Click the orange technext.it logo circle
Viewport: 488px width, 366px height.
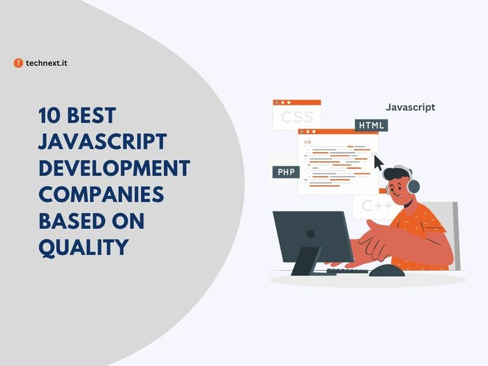(x=18, y=63)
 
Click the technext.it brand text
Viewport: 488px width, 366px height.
(x=46, y=63)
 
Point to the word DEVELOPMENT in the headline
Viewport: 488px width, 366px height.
(x=114, y=168)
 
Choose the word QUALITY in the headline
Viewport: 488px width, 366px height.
(x=83, y=247)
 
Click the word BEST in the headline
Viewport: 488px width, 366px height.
(x=94, y=116)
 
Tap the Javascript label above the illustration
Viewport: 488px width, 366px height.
(x=410, y=107)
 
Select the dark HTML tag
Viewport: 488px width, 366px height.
(x=371, y=125)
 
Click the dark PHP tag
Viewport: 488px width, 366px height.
(x=285, y=172)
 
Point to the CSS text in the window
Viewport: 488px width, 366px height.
(x=297, y=118)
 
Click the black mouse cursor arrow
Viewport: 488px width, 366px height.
(x=379, y=163)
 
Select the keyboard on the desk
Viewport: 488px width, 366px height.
(x=347, y=271)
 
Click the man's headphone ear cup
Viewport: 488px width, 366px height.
(x=413, y=186)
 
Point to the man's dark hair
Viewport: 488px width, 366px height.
(x=396, y=172)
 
